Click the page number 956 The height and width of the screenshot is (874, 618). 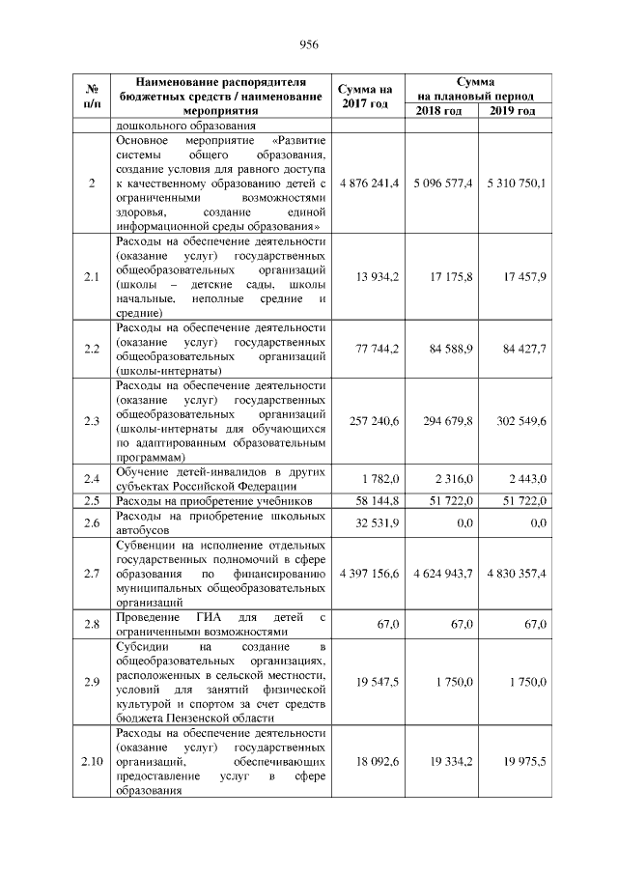tap(309, 45)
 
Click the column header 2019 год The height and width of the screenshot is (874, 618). tap(514, 111)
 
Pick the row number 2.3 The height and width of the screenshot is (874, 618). tap(92, 420)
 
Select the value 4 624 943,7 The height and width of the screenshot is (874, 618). tap(442, 573)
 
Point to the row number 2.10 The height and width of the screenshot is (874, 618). tap(92, 761)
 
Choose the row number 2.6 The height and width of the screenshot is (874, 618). tap(92, 522)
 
